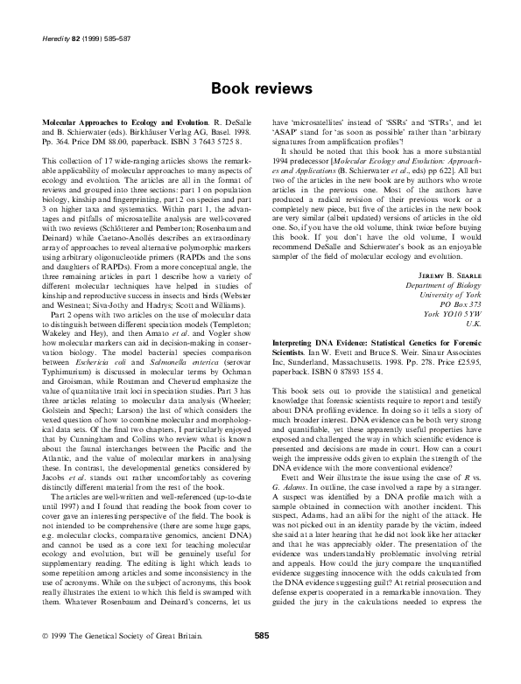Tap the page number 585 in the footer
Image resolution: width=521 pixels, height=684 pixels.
(260, 660)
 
